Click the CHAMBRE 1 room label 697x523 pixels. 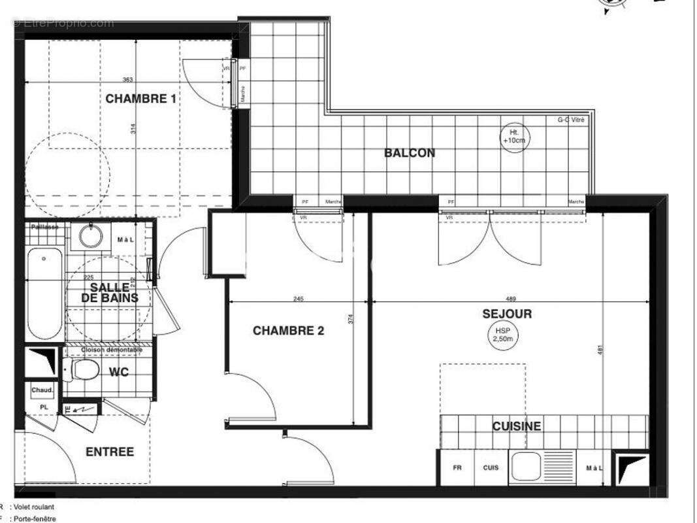coord(140,99)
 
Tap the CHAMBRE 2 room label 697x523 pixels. coord(288,331)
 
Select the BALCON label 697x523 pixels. coord(410,153)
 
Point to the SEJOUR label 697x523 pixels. coord(507,314)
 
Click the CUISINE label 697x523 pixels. coord(516,426)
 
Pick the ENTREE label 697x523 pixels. coord(110,452)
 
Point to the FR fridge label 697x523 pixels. coord(457,468)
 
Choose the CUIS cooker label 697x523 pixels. coord(491,468)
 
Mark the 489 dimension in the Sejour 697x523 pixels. coord(511,299)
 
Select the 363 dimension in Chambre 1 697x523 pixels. coord(127,80)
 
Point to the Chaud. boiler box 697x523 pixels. coord(42,390)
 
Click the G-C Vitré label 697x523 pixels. coord(571,120)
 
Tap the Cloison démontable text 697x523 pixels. coord(112,350)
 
